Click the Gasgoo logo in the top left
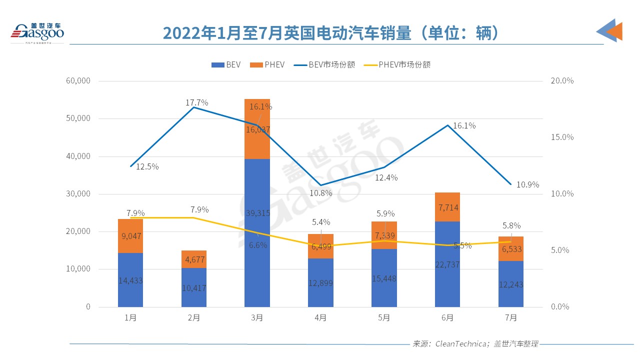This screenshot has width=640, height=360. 37,32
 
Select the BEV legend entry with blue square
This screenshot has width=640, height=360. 225,64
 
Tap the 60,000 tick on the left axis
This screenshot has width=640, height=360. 78,81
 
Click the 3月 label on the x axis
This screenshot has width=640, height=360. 257,317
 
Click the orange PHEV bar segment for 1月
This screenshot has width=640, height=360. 130,236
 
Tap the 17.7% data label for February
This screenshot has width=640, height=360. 196,102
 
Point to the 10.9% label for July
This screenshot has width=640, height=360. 527,184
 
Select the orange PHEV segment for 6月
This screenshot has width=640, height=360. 447,207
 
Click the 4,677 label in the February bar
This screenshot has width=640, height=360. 194,259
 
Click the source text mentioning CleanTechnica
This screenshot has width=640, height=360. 475,344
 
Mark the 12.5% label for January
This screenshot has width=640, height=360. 147,166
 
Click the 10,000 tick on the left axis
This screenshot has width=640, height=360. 78,269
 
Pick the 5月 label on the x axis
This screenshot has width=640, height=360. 384,317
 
